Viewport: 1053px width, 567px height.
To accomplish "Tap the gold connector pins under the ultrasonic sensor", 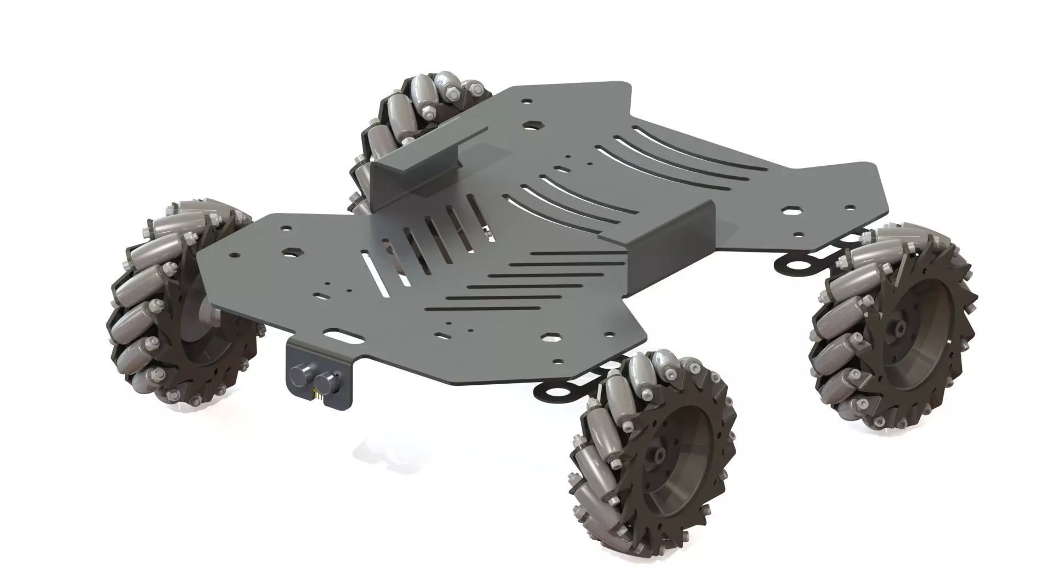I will [x=317, y=394].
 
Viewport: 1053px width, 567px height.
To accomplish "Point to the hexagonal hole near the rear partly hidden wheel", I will [x=530, y=125].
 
